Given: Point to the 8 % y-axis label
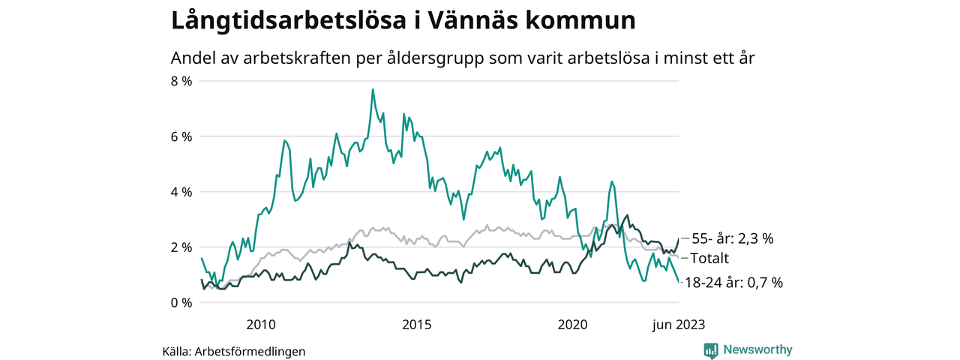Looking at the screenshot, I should [x=182, y=81].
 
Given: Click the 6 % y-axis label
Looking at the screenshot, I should [x=182, y=136].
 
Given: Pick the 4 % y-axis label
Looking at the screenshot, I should [x=182, y=192].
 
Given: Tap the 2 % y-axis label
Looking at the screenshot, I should [x=182, y=247].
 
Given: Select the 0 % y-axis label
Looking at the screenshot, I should [x=182, y=303].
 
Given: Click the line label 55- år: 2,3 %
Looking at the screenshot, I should [x=732, y=238].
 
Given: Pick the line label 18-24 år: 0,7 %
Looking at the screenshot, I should [x=736, y=283].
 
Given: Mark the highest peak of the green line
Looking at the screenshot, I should [x=373, y=89].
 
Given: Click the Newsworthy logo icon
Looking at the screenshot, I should [x=711, y=349].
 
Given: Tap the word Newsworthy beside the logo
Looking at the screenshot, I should [x=757, y=349].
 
